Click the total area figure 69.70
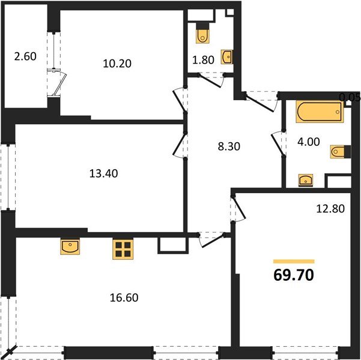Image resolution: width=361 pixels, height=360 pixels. pyautogui.click(x=294, y=275)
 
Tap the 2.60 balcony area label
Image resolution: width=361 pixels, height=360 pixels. pyautogui.click(x=25, y=56)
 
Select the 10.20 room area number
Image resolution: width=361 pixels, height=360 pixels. pyautogui.click(x=117, y=63)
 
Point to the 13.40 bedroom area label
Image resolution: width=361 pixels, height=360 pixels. pyautogui.click(x=103, y=173)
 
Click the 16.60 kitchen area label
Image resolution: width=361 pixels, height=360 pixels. pyautogui.click(x=124, y=298)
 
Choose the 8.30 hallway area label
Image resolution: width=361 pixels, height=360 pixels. pyautogui.click(x=229, y=146)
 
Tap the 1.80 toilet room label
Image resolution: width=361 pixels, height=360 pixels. pyautogui.click(x=203, y=60)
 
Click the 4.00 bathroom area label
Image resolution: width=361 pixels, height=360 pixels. pyautogui.click(x=309, y=142)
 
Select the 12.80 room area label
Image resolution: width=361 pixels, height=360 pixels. pyautogui.click(x=330, y=209)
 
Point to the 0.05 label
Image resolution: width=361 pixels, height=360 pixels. pyautogui.click(x=350, y=98)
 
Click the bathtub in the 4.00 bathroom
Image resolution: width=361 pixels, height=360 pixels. pyautogui.click(x=320, y=112)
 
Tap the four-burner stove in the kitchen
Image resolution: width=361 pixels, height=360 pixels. pyautogui.click(x=123, y=250)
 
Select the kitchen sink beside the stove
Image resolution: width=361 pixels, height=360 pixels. pyautogui.click(x=70, y=247)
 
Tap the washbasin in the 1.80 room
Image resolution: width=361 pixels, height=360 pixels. pyautogui.click(x=227, y=56)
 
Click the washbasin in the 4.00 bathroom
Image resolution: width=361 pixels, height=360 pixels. pyautogui.click(x=306, y=180)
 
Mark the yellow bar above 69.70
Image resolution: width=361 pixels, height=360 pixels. pyautogui.click(x=294, y=262)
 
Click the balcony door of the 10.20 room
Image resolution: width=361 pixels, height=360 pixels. pyautogui.click(x=59, y=83)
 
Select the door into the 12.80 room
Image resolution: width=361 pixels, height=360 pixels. pyautogui.click(x=238, y=209)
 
